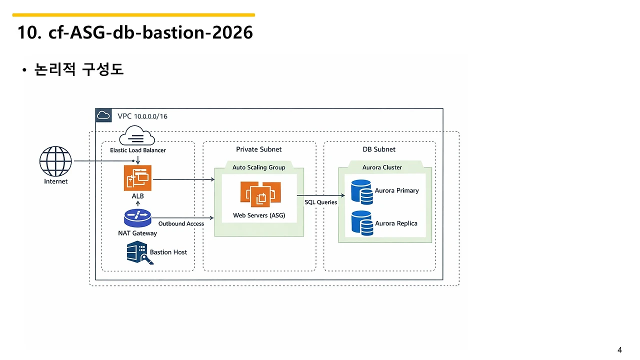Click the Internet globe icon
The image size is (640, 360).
click(55, 161)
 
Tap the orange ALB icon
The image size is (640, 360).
click(137, 177)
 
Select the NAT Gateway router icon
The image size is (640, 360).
click(137, 218)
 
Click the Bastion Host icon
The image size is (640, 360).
click(139, 252)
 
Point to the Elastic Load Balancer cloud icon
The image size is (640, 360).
click(137, 135)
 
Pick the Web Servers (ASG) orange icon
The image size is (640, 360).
click(260, 193)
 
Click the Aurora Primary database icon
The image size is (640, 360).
click(361, 192)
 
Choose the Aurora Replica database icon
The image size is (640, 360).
click(362, 223)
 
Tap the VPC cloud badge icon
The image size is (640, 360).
click(103, 115)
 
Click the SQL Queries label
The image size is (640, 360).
click(320, 202)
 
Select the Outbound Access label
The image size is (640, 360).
click(181, 223)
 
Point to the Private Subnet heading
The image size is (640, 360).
click(258, 149)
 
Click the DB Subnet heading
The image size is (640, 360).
click(379, 149)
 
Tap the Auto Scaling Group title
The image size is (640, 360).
click(259, 167)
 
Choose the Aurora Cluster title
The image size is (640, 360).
click(382, 167)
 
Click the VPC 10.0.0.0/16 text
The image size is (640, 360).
click(142, 116)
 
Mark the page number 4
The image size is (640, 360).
click(619, 350)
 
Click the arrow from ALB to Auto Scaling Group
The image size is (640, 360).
click(183, 179)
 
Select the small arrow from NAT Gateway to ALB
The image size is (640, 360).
click(137, 203)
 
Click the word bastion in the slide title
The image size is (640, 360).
click(173, 32)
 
